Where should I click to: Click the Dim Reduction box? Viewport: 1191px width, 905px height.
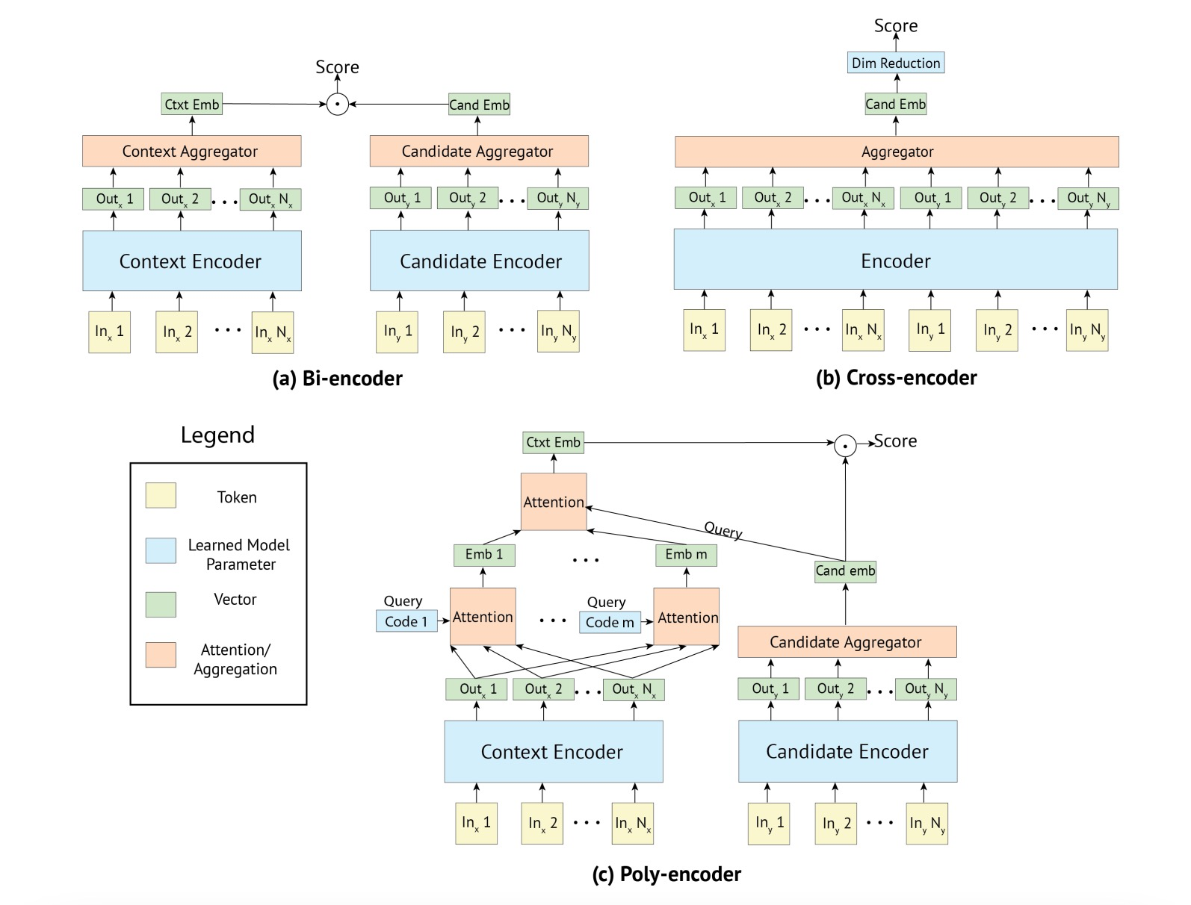(x=896, y=63)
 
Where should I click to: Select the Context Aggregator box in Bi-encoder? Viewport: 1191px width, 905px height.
(x=191, y=151)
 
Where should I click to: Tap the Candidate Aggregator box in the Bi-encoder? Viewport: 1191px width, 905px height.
(x=478, y=151)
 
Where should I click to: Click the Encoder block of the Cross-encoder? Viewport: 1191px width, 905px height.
(x=895, y=260)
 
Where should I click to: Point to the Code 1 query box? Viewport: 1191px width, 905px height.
(x=406, y=621)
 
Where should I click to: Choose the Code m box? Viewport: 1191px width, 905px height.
(x=610, y=622)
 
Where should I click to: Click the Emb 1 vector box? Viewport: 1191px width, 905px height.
(x=483, y=555)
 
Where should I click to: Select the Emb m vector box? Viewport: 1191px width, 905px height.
(x=686, y=555)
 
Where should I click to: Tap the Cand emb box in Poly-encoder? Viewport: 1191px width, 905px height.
(x=845, y=571)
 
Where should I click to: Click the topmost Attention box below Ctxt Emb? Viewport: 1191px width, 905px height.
(x=553, y=502)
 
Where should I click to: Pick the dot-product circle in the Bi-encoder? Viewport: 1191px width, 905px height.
(x=338, y=105)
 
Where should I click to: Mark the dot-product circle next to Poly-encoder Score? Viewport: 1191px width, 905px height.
(x=845, y=446)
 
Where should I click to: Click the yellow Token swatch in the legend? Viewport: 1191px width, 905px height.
(x=161, y=496)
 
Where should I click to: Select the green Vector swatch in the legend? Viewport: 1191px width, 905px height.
(x=161, y=604)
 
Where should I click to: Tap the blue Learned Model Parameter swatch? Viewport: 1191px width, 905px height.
(x=161, y=550)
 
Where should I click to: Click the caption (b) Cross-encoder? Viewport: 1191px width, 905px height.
(x=896, y=378)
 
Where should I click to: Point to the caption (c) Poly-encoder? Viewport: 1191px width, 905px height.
(x=666, y=874)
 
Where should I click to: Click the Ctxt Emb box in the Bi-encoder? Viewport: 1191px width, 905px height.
(x=192, y=104)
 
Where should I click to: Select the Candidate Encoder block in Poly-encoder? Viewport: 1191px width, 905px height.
(x=847, y=751)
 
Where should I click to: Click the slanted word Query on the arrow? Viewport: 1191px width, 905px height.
(x=723, y=530)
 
